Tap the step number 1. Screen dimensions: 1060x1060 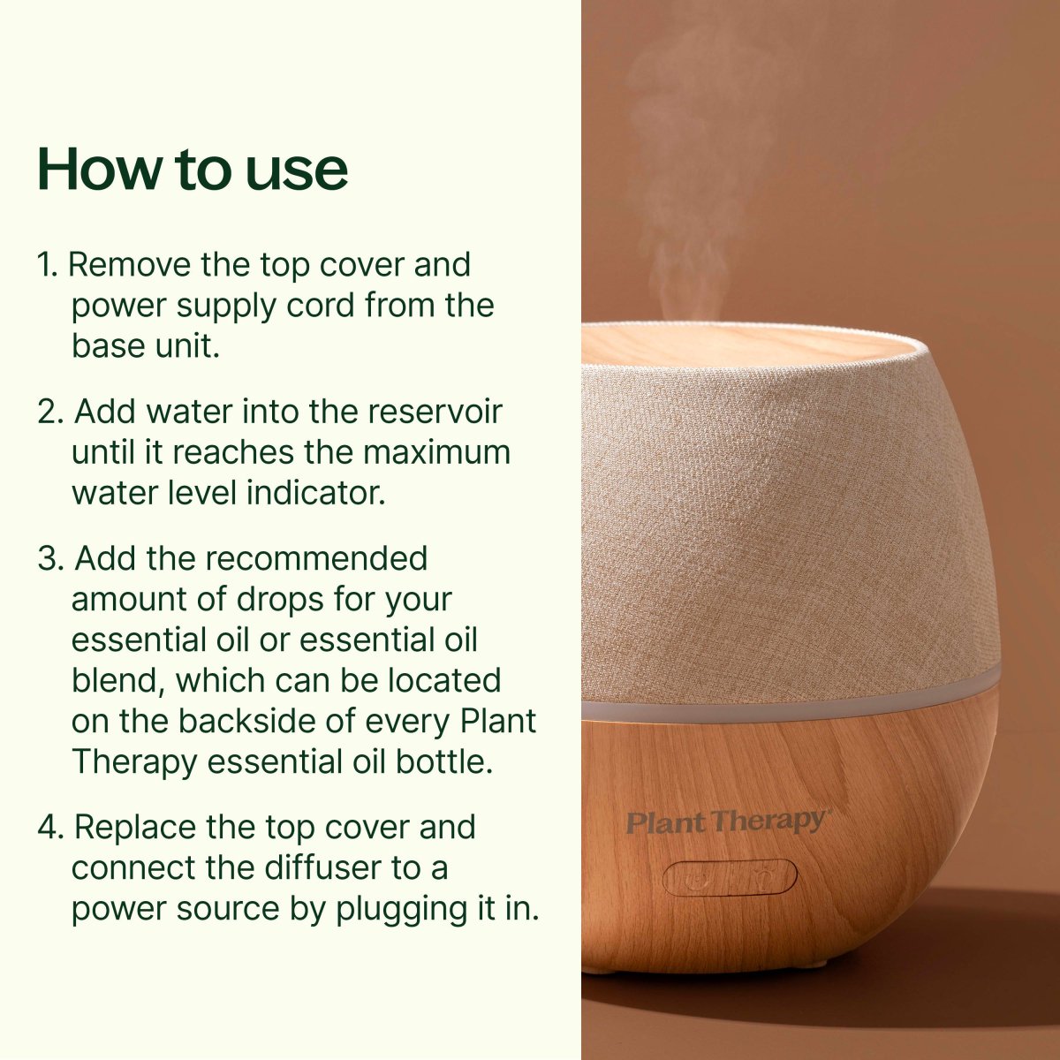[x=46, y=264]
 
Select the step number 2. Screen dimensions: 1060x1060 [x=49, y=412]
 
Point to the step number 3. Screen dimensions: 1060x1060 [x=49, y=559]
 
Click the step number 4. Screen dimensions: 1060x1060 [x=49, y=828]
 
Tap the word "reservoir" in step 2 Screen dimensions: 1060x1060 [x=434, y=412]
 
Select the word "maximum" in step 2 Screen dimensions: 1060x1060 [x=436, y=452]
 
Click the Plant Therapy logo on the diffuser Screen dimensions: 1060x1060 [x=727, y=822]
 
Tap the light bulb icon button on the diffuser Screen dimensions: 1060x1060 [x=759, y=878]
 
